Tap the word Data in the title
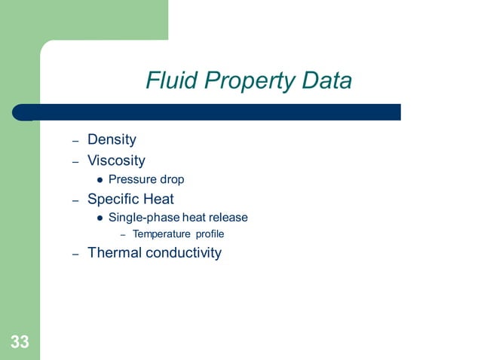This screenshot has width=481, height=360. tap(324, 81)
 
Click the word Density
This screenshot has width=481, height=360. tap(112, 139)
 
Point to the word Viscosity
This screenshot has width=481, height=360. tap(116, 160)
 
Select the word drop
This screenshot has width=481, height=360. tap(171, 179)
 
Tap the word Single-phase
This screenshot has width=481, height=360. tap(139, 218)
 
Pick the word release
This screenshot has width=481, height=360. tap(228, 218)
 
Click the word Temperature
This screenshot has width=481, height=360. tap(161, 234)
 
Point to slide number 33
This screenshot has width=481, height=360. tap(20, 343)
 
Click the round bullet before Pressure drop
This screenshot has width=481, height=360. tap(100, 180)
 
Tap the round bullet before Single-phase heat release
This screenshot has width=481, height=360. tap(100, 218)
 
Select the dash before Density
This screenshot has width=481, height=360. tap(75, 141)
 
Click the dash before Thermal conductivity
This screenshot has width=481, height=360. tap(75, 254)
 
